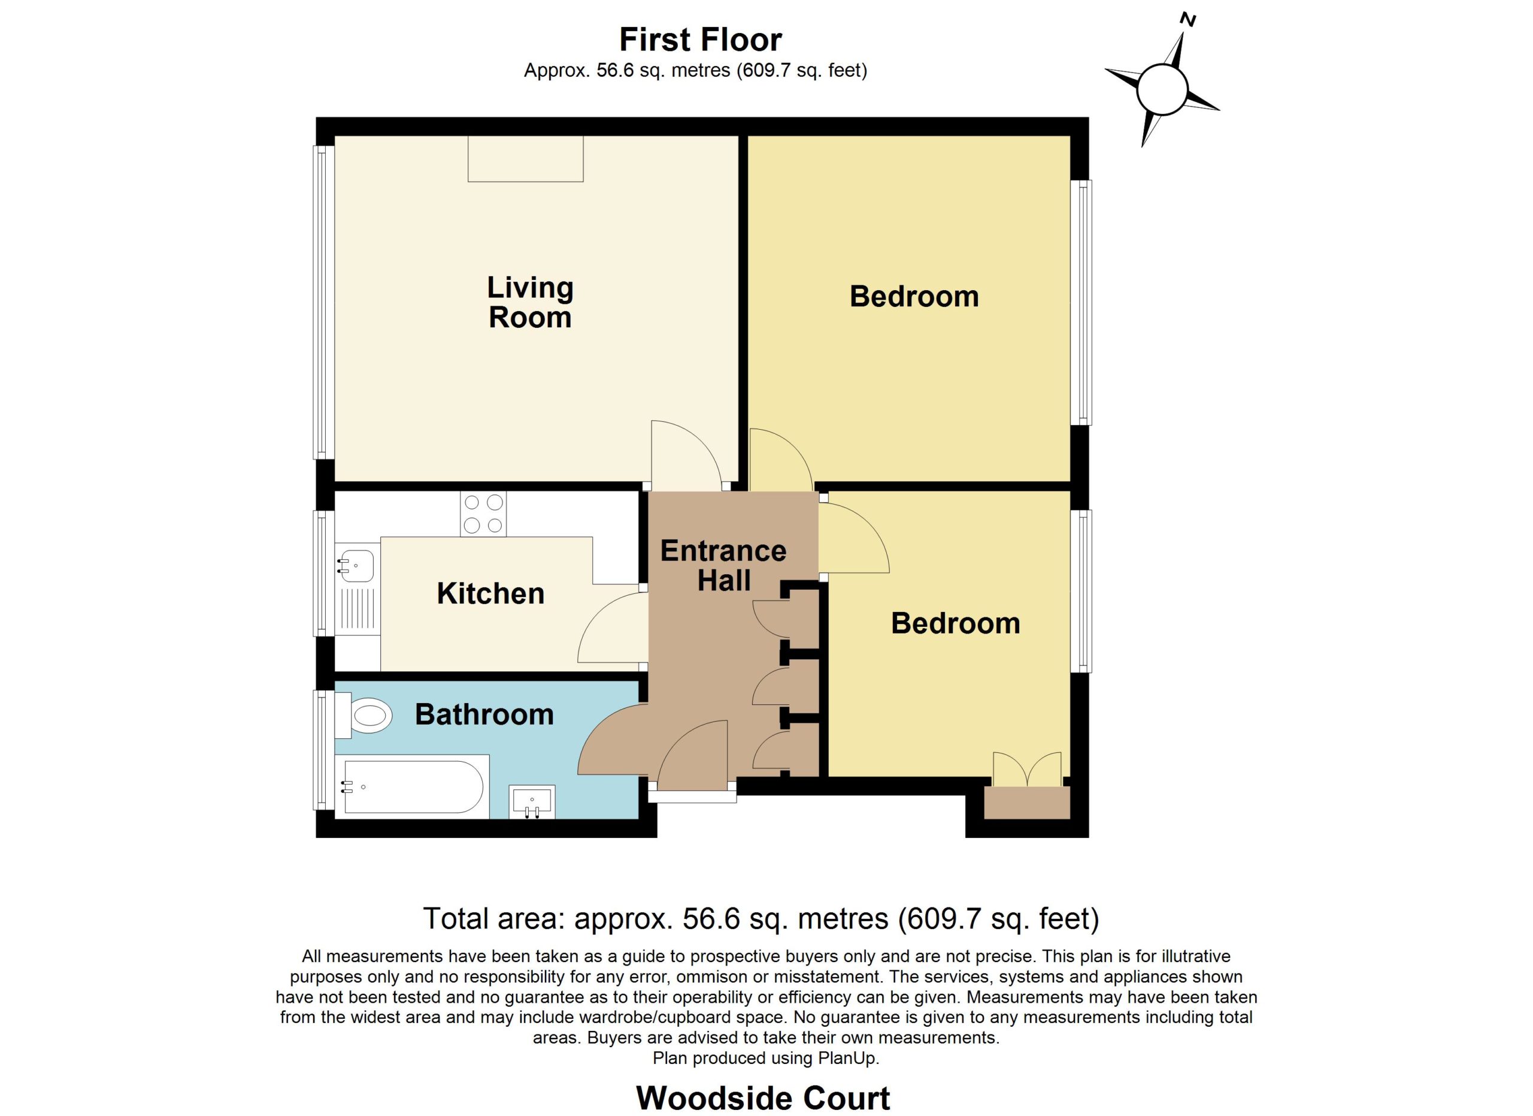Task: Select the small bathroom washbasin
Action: coord(532,801)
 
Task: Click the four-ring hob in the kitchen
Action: coord(483,514)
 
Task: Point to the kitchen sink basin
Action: coord(357,565)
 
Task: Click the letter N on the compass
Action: coord(1187,20)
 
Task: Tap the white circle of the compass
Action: coord(1162,90)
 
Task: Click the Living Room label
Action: coord(531,302)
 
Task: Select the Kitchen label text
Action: coord(490,594)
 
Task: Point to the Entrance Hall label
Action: coord(723,565)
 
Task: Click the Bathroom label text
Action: coord(484,715)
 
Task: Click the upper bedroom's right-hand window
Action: coord(1081,302)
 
